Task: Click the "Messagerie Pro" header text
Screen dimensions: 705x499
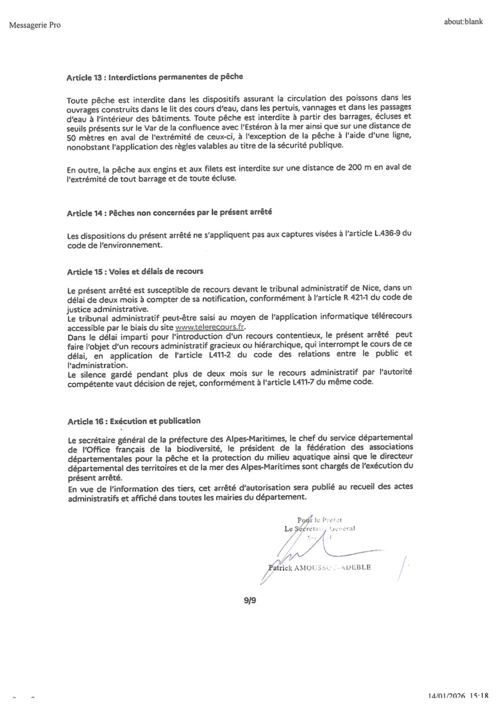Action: pos(35,25)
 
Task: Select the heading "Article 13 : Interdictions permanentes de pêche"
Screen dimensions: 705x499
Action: pos(155,76)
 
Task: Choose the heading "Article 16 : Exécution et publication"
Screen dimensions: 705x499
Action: pos(134,421)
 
